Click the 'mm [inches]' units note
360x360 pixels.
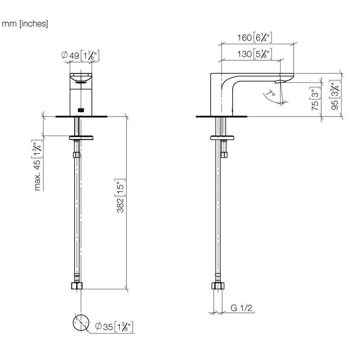point(25,24)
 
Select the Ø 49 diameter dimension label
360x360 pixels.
point(81,55)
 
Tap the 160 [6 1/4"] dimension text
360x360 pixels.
point(255,37)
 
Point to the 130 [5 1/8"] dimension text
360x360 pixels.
point(255,54)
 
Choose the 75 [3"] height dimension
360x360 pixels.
point(315,99)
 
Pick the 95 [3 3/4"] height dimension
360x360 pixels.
point(335,95)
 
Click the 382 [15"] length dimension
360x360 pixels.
point(120,196)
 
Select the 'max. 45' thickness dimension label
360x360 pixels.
point(37,165)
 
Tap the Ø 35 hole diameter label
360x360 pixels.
point(114,327)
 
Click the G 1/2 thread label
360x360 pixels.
point(241,308)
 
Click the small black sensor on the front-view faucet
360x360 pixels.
point(81,110)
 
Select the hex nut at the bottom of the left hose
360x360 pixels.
point(77,286)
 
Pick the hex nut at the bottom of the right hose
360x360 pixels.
point(218,286)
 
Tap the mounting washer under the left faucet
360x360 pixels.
point(81,138)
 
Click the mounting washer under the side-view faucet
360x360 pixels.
point(222,138)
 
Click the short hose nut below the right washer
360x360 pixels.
point(224,155)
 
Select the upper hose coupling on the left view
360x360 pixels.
point(76,155)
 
